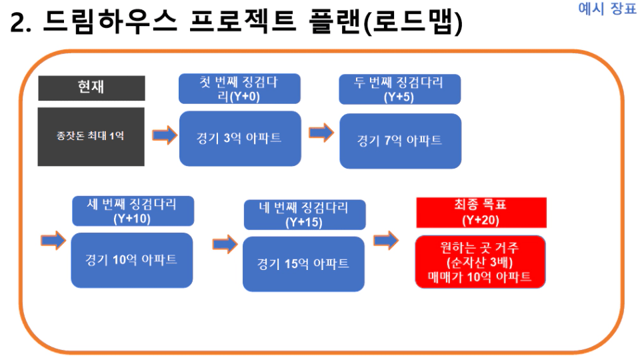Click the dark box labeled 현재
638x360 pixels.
click(x=91, y=88)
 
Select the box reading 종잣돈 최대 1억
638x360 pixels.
click(x=91, y=137)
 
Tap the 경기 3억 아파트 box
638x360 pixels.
click(x=240, y=138)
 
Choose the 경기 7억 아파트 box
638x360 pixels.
click(x=401, y=141)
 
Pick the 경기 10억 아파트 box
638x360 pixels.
click(x=132, y=261)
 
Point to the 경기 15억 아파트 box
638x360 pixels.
click(x=303, y=264)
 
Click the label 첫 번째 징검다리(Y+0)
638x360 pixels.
click(x=239, y=89)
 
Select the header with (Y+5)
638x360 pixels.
click(x=399, y=89)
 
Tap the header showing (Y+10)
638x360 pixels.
click(x=133, y=211)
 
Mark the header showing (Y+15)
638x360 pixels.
click(x=305, y=215)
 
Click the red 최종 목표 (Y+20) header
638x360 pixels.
click(x=481, y=213)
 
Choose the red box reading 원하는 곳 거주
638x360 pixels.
click(x=480, y=262)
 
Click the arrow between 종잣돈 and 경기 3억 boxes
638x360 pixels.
click(x=165, y=135)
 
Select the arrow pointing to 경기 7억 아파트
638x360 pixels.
click(x=321, y=133)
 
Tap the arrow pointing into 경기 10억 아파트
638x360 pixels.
click(x=53, y=241)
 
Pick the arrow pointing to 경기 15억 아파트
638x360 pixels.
click(x=225, y=244)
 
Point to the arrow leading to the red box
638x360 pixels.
click(x=386, y=241)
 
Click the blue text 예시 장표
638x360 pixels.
click(x=607, y=8)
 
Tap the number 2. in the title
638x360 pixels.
click(x=21, y=23)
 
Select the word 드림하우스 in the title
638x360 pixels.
click(x=110, y=21)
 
